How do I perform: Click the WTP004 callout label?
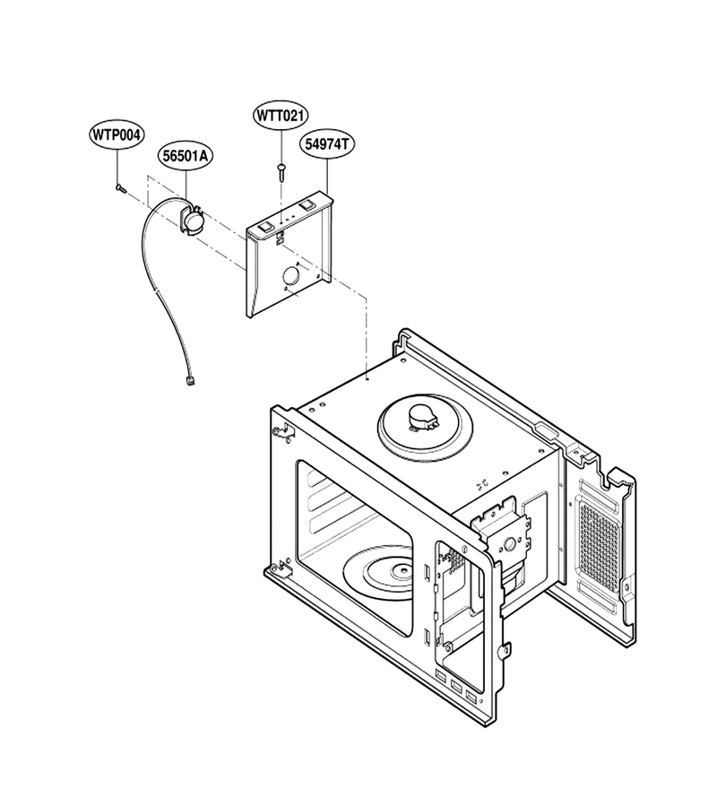(116, 134)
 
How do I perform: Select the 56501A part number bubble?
(186, 155)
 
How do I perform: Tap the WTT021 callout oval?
(281, 116)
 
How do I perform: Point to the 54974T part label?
(327, 143)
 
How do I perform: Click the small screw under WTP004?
(120, 188)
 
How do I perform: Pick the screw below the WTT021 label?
(281, 172)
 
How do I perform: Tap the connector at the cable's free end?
(192, 381)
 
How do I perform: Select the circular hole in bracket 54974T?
(290, 274)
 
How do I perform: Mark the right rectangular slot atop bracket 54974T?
(307, 204)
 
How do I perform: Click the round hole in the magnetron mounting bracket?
(510, 544)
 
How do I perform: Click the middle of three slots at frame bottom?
(456, 686)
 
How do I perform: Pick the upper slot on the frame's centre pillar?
(428, 572)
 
